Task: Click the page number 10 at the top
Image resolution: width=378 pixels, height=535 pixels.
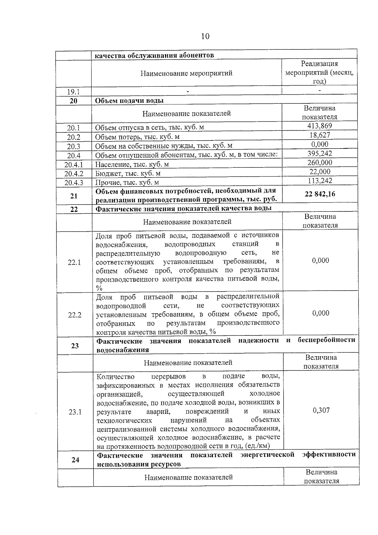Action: [205, 36]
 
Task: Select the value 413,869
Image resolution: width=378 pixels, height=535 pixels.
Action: [319, 126]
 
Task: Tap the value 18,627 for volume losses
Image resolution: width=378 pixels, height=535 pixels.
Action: [319, 135]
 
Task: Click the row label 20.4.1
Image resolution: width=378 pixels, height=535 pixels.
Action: [74, 165]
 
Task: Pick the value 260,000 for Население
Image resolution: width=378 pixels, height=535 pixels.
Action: [320, 162]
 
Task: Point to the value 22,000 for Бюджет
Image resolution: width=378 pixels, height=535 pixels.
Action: [320, 172]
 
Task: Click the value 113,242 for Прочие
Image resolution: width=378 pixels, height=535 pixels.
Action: [320, 181]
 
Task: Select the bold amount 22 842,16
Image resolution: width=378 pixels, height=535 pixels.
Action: [320, 194]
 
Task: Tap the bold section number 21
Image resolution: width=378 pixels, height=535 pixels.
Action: [74, 196]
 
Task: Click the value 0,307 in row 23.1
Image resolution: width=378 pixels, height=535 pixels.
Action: [321, 410]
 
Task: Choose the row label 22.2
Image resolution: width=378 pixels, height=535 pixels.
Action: [75, 315]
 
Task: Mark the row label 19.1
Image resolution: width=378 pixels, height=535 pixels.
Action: [73, 92]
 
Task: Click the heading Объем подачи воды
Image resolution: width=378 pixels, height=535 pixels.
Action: [129, 101]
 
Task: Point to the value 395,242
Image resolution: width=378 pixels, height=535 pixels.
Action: [320, 153]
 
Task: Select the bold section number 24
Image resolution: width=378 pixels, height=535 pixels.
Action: [75, 460]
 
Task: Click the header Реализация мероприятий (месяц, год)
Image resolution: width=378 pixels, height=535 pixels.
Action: [319, 73]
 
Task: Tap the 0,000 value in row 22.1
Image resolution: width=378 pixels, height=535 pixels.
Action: [320, 260]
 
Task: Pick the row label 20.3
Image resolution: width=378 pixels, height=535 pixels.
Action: [74, 146]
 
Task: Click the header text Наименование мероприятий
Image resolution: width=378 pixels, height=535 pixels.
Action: [186, 73]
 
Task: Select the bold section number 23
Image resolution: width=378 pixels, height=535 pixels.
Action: [75, 346]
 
